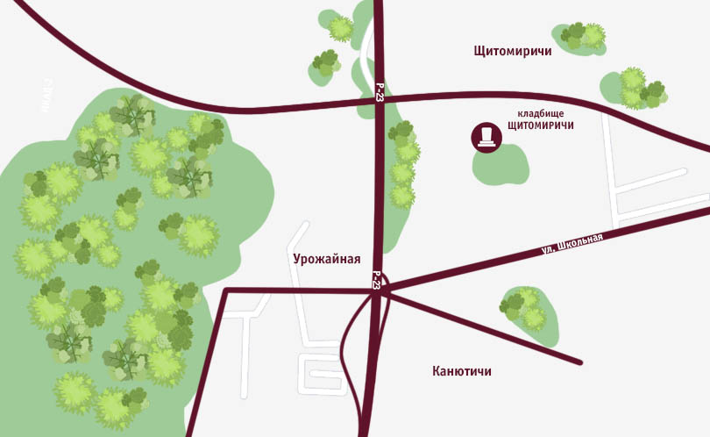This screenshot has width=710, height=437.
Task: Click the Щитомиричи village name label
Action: point(512,52)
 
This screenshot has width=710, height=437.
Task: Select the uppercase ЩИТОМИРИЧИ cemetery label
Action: point(540,126)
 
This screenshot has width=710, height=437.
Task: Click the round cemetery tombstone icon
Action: point(485,137)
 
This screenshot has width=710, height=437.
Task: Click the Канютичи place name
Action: point(462,371)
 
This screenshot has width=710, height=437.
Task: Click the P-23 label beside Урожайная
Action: point(376,280)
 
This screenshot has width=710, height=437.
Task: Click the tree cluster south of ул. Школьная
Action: point(526,309)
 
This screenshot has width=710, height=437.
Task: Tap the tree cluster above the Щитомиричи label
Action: point(583,37)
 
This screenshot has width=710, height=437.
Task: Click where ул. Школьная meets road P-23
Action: point(380,287)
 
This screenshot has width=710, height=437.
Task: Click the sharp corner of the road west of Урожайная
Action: point(225,290)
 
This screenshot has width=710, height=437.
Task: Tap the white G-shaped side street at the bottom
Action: point(323,372)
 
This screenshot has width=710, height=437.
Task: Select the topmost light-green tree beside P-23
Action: point(340,28)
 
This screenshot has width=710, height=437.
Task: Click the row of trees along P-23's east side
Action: point(403,167)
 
